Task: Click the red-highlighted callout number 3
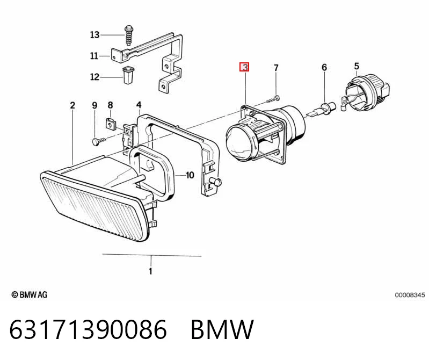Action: point(244,67)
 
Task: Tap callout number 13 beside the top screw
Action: point(94,35)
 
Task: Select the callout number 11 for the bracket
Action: point(94,56)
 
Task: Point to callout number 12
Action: point(94,77)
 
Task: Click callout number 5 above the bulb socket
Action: point(357,66)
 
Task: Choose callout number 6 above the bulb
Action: point(324,67)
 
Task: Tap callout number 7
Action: point(276,68)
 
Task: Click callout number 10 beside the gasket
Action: point(190,175)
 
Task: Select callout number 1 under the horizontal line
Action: point(150,271)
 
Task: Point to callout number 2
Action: point(72,105)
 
